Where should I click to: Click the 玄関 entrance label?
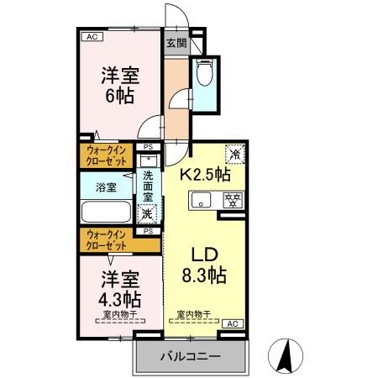click(175, 43)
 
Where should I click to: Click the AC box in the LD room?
click(232, 323)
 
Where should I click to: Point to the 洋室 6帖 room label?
click(114, 82)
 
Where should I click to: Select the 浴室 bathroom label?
click(106, 187)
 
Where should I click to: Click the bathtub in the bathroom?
click(105, 212)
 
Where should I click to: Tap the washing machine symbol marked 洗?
click(148, 214)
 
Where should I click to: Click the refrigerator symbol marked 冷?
click(235, 154)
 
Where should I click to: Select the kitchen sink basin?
click(201, 200)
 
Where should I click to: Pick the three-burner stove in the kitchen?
click(231, 200)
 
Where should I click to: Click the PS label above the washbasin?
click(148, 147)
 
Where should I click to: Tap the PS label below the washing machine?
click(148, 231)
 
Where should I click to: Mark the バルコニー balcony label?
click(190, 357)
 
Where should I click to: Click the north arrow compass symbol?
click(286, 356)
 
